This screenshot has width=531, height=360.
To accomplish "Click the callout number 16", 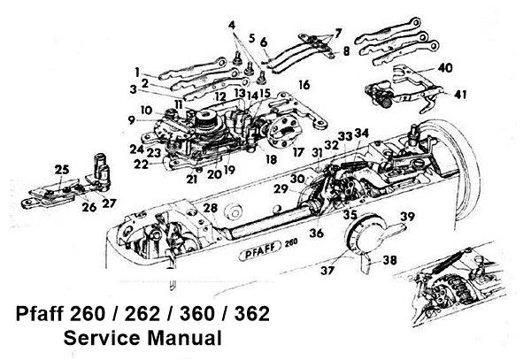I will [x=304, y=86].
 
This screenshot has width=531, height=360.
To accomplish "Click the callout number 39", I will [x=406, y=217].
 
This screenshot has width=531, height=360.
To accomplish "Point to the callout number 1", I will [x=138, y=70].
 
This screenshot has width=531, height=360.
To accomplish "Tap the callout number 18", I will [x=269, y=158].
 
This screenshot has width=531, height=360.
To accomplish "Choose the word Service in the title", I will [x=104, y=337].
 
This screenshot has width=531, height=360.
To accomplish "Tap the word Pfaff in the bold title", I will [x=46, y=314].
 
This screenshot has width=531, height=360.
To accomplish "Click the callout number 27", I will [x=109, y=203].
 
